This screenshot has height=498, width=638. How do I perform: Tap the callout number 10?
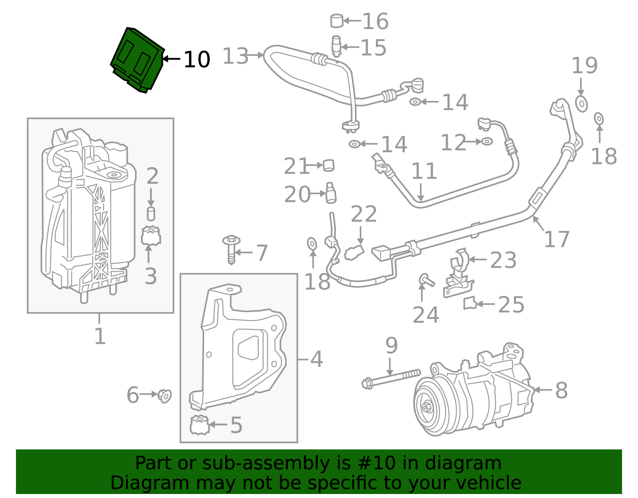(197, 60)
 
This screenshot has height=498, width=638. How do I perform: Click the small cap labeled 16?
(337, 21)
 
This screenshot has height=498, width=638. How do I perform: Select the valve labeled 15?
(337, 45)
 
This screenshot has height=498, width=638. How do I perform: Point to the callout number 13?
(235, 56)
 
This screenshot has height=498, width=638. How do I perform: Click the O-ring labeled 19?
(581, 104)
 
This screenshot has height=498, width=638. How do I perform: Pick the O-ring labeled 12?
(487, 141)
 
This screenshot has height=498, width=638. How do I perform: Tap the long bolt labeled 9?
(391, 378)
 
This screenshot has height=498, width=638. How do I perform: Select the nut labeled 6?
(164, 396)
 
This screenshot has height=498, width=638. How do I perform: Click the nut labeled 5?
(199, 425)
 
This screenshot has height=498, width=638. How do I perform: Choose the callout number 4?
(316, 359)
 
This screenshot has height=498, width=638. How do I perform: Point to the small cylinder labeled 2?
(151, 214)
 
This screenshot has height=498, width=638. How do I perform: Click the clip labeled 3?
(151, 236)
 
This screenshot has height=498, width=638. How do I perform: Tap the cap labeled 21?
(328, 165)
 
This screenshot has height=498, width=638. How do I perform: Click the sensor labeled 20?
(331, 193)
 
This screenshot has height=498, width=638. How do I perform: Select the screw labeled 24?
(426, 280)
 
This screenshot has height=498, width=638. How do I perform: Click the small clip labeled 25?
(470, 303)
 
